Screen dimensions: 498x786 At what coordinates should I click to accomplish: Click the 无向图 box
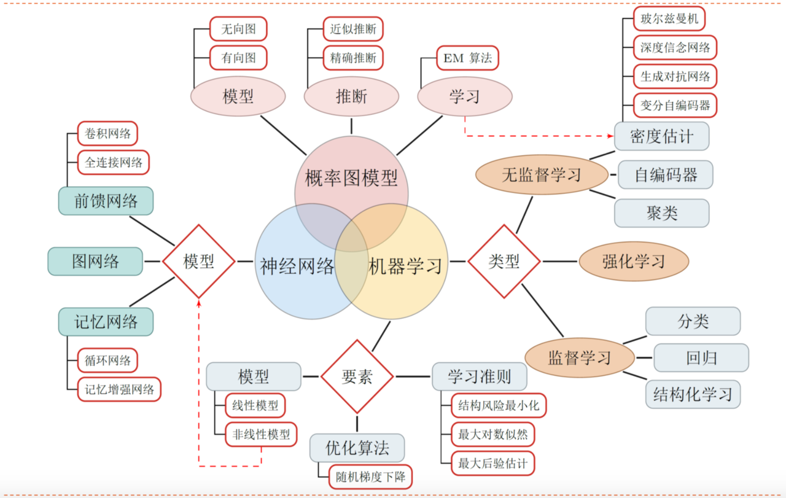point(238,29)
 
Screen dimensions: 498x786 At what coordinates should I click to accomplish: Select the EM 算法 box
point(467,58)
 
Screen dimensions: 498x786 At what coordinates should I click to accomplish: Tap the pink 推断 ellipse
point(351,96)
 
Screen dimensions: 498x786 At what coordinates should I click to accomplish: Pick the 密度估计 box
point(661,136)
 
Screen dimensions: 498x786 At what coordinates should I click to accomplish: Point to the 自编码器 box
point(666,175)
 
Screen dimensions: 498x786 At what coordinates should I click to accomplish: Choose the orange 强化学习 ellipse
point(634,262)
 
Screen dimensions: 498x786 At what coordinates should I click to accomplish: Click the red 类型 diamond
point(504,262)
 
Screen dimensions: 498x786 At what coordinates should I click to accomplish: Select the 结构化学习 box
point(693,394)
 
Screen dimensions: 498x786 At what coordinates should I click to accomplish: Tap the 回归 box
point(701,358)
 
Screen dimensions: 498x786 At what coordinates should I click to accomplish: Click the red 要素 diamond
point(357,376)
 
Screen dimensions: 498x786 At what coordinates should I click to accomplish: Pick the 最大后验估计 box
point(492,463)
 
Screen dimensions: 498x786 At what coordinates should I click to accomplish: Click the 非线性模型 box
point(261,435)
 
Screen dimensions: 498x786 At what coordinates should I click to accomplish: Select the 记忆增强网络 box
point(119,389)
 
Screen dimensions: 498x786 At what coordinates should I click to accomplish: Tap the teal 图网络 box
point(95,262)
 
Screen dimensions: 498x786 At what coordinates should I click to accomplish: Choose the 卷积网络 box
point(107,134)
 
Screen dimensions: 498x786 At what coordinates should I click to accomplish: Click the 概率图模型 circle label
point(351,179)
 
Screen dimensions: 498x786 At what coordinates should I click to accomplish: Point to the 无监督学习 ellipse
point(541,175)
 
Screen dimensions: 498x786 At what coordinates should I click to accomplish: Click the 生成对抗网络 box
point(675,77)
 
